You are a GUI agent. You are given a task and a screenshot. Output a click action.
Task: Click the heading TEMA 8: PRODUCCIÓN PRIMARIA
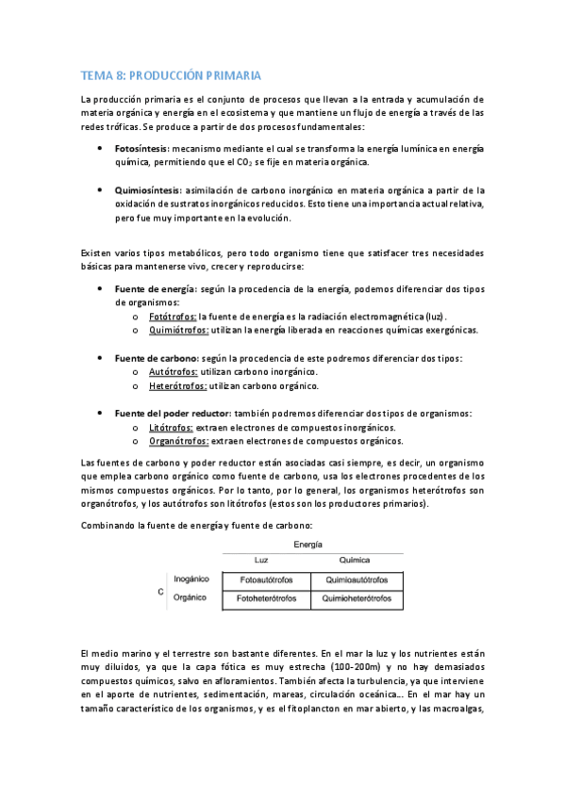pyautogui.click(x=170, y=74)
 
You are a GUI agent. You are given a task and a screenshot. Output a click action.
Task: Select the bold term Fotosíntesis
pyautogui.click(x=141, y=149)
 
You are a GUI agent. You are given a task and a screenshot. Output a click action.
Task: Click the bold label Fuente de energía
pyautogui.click(x=155, y=288)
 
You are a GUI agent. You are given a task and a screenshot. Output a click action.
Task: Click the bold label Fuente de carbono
pyautogui.click(x=156, y=358)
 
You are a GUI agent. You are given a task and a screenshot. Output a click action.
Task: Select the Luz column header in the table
pyautogui.click(x=262, y=561)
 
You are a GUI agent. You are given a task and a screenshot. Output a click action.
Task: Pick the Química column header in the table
pyautogui.click(x=355, y=561)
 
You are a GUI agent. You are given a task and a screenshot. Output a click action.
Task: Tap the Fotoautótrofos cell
pyautogui.click(x=267, y=580)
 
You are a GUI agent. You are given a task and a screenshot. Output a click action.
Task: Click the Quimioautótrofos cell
pyautogui.click(x=356, y=580)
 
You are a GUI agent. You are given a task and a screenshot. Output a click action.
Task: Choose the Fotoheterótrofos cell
pyautogui.click(x=267, y=598)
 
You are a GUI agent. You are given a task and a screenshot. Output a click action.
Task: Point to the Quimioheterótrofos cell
pyautogui.click(x=356, y=598)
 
